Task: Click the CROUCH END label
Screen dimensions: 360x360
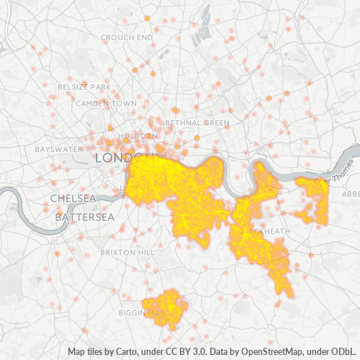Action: pos(127,37)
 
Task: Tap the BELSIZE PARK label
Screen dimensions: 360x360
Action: pos(85,87)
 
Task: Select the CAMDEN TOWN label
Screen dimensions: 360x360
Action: pos(107,103)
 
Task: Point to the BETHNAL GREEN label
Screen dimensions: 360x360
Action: pos(197,123)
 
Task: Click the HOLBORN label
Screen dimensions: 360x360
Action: pos(136,135)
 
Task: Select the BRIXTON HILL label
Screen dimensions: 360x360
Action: pos(127,253)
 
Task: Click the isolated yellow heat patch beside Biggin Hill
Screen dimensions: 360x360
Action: pos(166,307)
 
